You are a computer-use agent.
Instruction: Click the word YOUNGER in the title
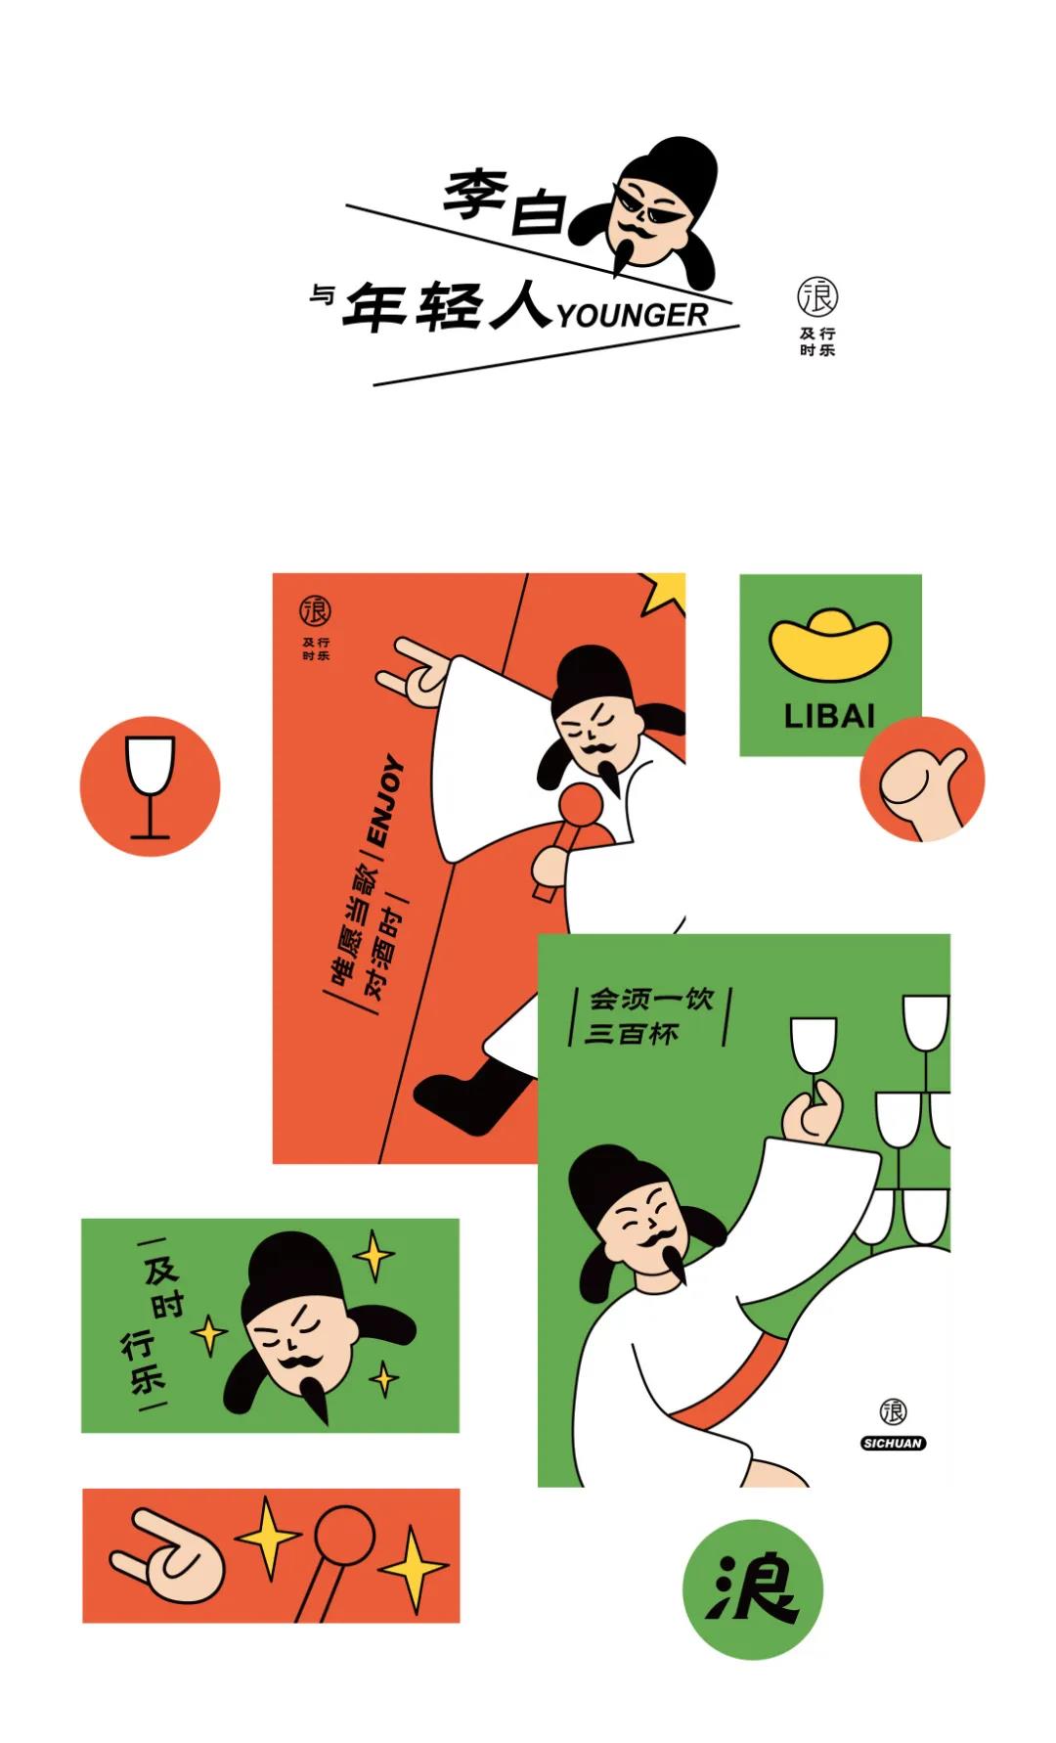click(633, 315)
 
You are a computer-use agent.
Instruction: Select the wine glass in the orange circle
click(151, 785)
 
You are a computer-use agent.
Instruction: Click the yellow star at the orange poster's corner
click(665, 592)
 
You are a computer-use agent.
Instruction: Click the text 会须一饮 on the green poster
click(651, 1000)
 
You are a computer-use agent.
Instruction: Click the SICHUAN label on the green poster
click(893, 1443)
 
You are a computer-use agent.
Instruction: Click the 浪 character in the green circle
click(752, 1588)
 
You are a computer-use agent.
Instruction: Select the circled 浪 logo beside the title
click(817, 296)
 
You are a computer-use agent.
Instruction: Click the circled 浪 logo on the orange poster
click(315, 610)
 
